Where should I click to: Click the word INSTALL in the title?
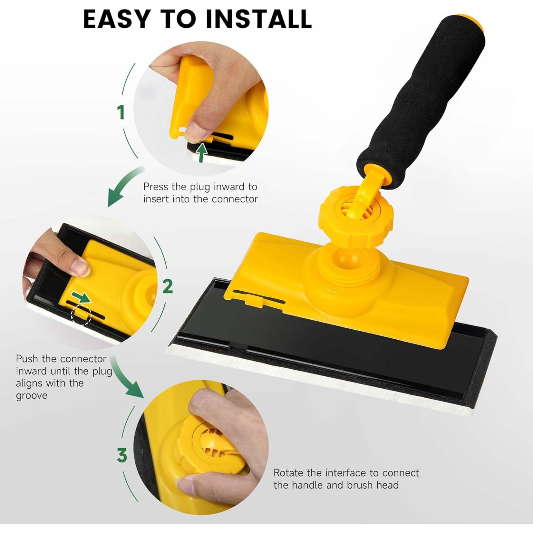click(259, 19)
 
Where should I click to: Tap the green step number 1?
click(121, 112)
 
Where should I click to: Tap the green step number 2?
click(167, 286)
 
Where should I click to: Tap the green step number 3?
click(122, 455)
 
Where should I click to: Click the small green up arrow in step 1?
click(201, 152)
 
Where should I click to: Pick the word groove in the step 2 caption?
click(32, 396)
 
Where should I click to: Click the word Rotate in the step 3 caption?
click(288, 473)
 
